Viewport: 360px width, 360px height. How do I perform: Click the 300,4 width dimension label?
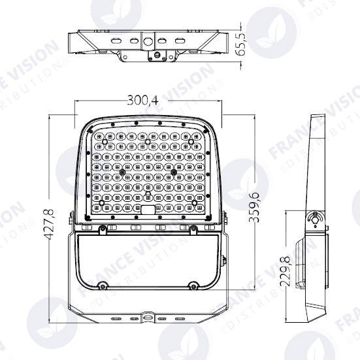[143, 100]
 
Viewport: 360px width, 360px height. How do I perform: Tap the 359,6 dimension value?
[254, 207]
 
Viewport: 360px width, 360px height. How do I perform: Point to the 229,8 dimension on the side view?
[286, 271]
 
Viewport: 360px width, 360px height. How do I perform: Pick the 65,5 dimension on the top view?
[240, 44]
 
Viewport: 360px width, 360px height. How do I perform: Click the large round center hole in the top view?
[147, 41]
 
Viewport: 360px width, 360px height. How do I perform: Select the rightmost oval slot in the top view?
[180, 41]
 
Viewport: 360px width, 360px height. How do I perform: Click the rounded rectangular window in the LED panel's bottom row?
[148, 209]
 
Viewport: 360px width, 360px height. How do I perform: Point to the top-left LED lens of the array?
[99, 137]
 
